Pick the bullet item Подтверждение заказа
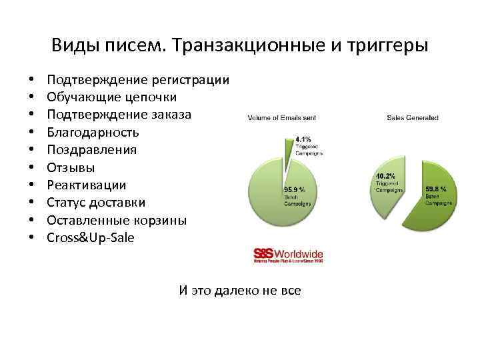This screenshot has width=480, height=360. click(119, 115)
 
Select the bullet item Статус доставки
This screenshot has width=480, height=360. click(96, 202)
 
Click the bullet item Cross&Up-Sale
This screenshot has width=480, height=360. click(91, 237)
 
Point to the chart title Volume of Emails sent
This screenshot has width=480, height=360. click(282, 118)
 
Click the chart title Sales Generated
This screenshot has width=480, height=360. click(413, 118)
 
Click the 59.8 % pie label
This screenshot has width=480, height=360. click(436, 189)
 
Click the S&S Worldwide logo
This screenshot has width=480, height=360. click(288, 255)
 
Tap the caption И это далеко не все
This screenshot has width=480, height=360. click(240, 290)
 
